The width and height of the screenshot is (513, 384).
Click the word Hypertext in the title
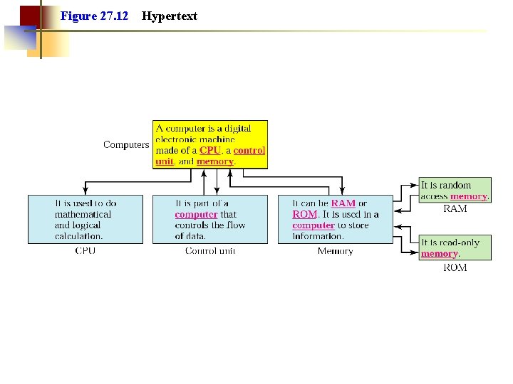coord(170,16)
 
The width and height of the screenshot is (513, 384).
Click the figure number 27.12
coord(114,16)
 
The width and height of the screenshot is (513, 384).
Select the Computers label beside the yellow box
coord(126,144)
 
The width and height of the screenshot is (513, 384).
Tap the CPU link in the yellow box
coord(209,150)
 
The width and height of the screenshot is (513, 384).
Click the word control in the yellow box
coord(249,150)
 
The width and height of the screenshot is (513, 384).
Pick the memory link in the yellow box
coord(215,161)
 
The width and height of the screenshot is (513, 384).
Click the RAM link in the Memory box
coord(343,203)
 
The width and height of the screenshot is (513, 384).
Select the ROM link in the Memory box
coord(304,214)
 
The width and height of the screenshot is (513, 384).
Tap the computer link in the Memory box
coord(313,225)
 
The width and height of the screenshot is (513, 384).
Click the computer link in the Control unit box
coord(196,214)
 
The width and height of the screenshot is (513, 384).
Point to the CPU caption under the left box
coord(85,251)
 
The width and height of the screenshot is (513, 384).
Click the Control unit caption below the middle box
coord(209,251)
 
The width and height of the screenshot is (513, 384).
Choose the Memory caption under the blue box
coord(335,251)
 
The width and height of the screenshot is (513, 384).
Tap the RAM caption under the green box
coord(455,209)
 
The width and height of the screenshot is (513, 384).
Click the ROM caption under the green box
coord(455,267)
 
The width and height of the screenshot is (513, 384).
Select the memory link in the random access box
coord(469,196)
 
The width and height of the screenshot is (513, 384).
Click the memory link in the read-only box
coord(439,254)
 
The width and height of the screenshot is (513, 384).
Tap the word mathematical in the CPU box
coord(83,214)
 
